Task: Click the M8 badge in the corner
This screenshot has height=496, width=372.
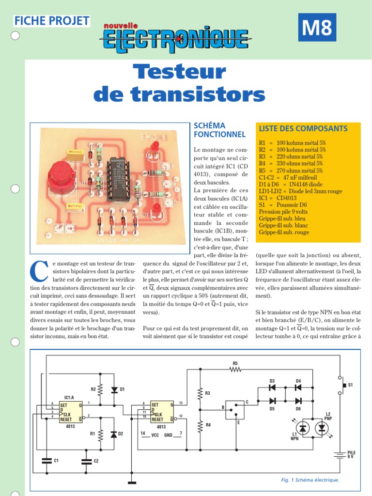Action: pos(317,28)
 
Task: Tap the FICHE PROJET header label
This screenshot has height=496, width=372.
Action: pos(52,20)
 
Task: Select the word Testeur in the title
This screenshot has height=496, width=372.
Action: pos(179,72)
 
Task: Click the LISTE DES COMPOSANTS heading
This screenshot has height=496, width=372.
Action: pos(303,129)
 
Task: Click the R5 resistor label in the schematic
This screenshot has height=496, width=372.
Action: pos(235,363)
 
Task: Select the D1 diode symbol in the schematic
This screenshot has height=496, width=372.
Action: pos(114,389)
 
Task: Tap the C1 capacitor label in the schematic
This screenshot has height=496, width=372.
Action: pos(56,460)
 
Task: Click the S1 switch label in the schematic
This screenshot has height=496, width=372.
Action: pos(351,385)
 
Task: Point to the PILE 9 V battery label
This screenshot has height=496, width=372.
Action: pos(351,454)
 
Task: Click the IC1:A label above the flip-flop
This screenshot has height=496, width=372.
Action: pos(69,397)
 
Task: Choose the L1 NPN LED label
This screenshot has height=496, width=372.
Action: pos(294,436)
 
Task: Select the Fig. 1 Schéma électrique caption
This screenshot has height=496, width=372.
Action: pos(310,480)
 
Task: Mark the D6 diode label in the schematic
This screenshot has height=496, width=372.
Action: pos(298,408)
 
